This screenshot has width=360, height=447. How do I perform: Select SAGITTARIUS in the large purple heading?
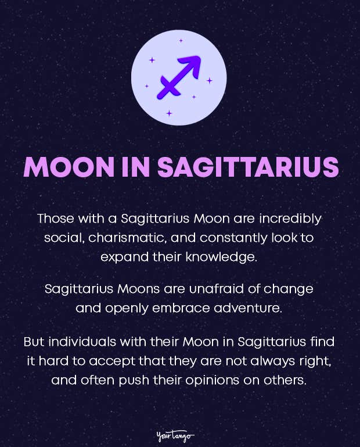click(247, 167)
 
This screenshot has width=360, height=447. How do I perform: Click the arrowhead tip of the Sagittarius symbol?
click(197, 60)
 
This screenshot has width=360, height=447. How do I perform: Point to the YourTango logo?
click(175, 435)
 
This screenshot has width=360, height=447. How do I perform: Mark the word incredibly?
click(287, 220)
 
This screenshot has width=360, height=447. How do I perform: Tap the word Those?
click(55, 220)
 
